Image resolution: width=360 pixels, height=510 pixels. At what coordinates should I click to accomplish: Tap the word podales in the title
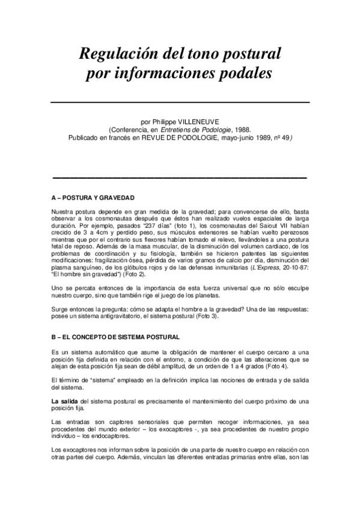243,74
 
